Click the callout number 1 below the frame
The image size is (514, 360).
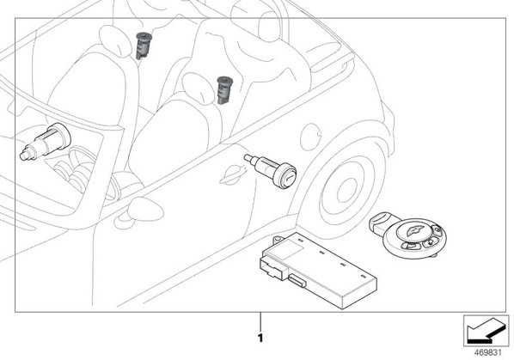pos(260,338)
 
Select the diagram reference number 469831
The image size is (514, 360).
pos(488,353)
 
